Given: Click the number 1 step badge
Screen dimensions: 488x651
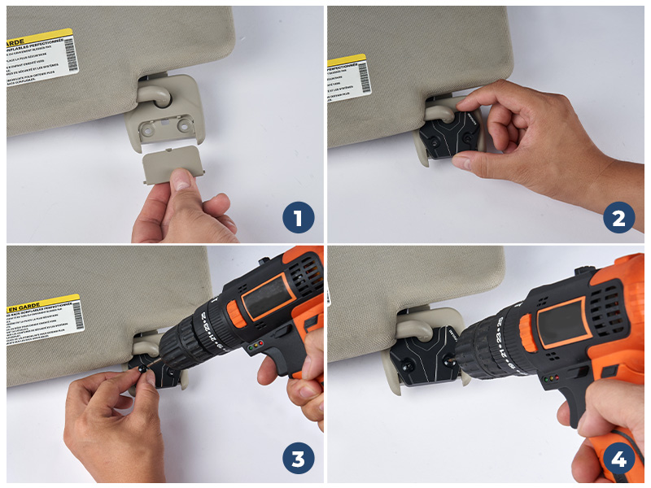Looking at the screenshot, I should coord(298,218).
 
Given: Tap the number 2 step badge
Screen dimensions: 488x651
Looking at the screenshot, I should coord(619,218).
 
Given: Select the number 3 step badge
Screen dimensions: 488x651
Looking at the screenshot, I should coord(298,459).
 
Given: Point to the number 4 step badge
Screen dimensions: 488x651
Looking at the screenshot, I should coord(619,459).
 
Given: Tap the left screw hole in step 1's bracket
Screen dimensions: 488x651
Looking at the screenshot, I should coord(149,128).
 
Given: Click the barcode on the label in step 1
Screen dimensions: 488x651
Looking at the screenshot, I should coord(69,55).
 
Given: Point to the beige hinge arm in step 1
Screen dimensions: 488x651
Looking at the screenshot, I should coord(154,91).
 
